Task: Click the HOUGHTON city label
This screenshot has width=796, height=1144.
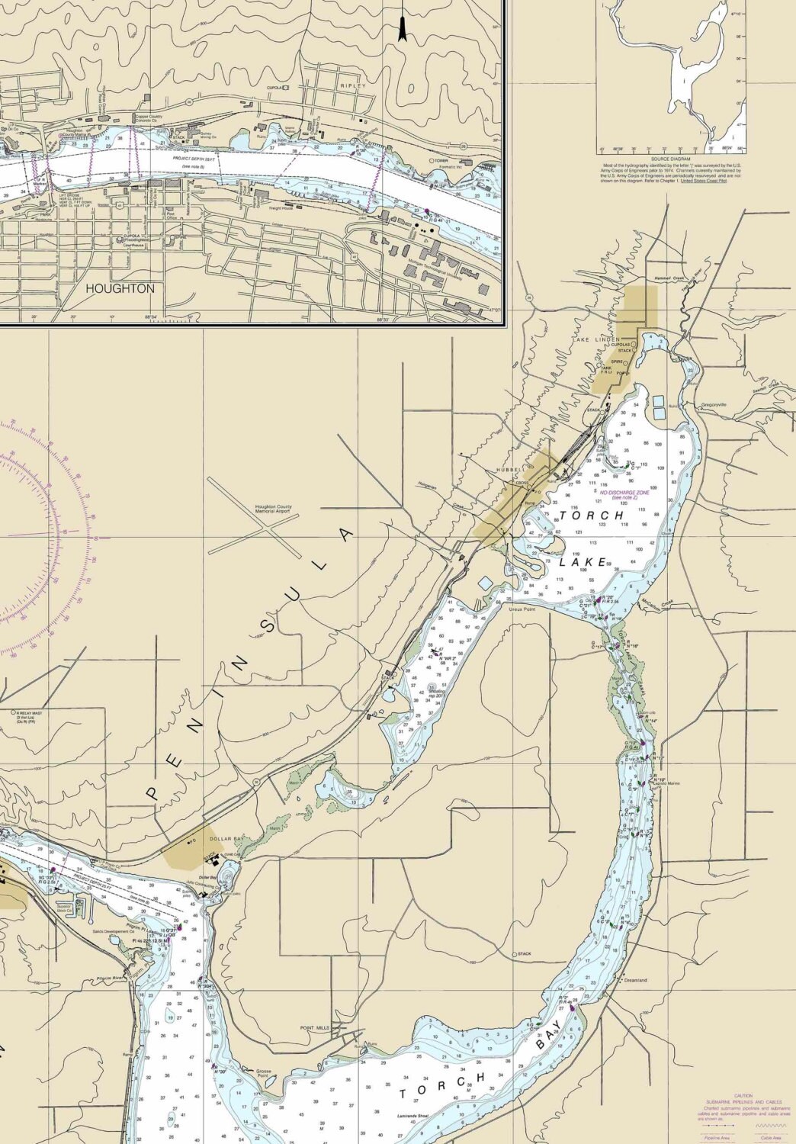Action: (x=120, y=289)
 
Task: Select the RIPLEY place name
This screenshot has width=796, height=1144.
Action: (x=354, y=86)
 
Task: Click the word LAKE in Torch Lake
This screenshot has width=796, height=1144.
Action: (x=583, y=562)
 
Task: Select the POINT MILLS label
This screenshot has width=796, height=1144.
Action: (x=315, y=1028)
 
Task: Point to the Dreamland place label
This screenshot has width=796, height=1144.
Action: (x=636, y=980)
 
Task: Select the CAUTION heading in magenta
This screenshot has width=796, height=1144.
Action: (x=743, y=1095)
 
